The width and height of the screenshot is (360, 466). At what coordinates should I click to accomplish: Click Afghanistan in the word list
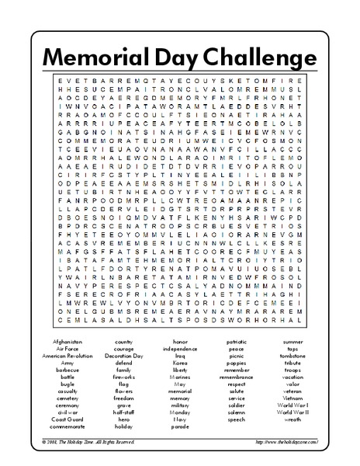(67, 341)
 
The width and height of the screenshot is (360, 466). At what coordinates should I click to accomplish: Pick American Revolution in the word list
(67, 355)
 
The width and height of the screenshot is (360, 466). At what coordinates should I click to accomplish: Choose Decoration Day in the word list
(123, 355)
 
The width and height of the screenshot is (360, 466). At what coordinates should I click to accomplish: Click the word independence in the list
(180, 348)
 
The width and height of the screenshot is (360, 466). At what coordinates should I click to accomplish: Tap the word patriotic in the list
(237, 341)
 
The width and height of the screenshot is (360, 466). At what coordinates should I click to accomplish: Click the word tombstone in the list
(292, 355)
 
